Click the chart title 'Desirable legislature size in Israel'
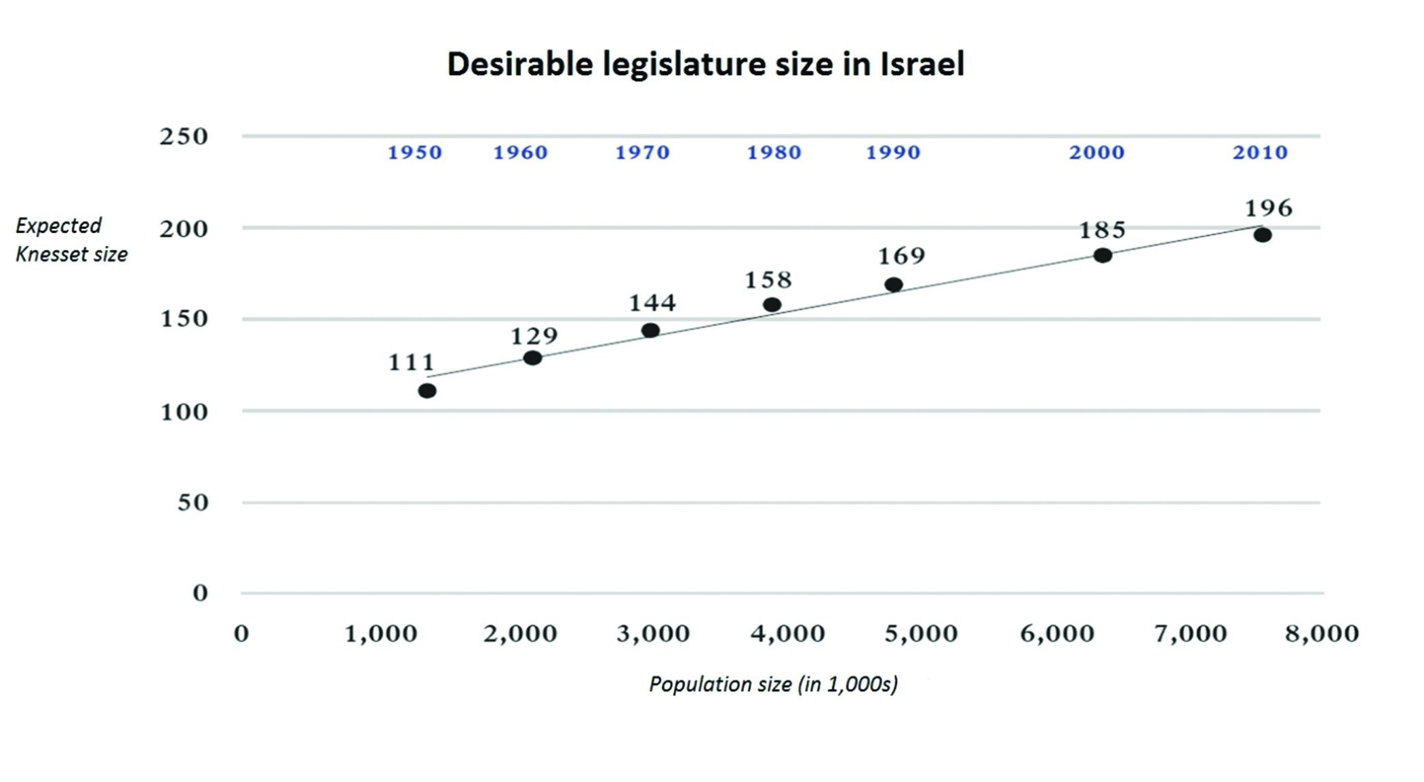coord(705,65)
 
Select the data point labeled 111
coord(427,391)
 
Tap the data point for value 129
coord(533,358)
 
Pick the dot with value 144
coord(650,331)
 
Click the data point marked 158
coord(772,305)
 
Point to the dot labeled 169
coord(894,285)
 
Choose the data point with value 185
coord(1103,255)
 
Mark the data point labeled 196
coord(1263,235)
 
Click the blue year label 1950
coord(415,152)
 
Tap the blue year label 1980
coord(774,152)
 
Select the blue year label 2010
coord(1260,152)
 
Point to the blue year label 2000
coord(1097,152)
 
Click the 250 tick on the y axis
coord(184,137)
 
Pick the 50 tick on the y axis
coord(193,503)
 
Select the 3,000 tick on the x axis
coord(653,634)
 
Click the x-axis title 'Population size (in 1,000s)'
coord(774,684)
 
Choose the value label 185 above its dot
coord(1103,230)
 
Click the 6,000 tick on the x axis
coord(1058,634)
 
